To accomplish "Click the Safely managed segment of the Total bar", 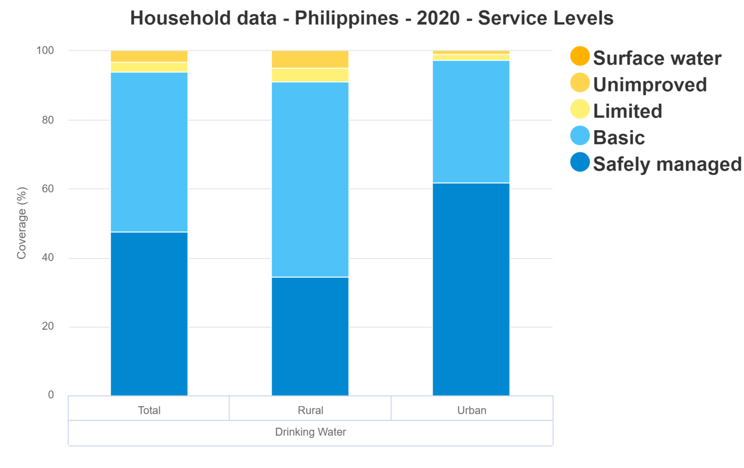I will pos(149,314).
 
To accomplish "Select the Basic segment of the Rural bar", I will pos(310,180).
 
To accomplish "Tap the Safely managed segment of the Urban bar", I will pos(471,289).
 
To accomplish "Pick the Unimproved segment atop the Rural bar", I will pos(310,59).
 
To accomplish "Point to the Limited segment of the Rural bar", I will pos(310,75).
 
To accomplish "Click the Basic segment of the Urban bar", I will pos(471,121).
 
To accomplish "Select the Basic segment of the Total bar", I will pos(149,152).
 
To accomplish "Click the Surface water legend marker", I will pos(580,57).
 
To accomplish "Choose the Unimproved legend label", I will pos(650,85).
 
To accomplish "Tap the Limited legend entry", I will pos(627,111).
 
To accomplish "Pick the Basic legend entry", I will pos(619,138).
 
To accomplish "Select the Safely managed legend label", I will pos(667,164).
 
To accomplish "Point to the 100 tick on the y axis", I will pos(45,50).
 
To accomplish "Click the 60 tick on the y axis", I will pos(47,189).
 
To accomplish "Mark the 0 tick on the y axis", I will pos(51,395).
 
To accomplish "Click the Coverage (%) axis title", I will pos(22,223).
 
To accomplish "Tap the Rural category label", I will pos(310,410).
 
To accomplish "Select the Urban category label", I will pos(471,410).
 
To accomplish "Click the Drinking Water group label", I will pos(310,432).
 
